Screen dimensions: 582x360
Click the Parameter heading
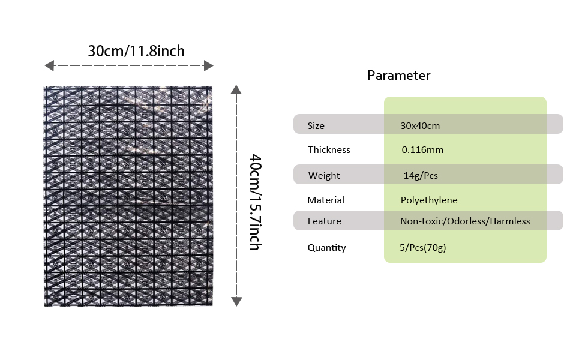tap(398, 76)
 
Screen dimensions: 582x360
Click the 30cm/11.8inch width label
tap(136, 51)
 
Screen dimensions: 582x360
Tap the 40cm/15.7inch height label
tap(256, 203)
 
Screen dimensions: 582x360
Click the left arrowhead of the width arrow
tap(49, 65)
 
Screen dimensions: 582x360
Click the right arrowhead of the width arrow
tap(209, 65)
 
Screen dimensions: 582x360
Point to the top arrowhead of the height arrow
tap(236, 89)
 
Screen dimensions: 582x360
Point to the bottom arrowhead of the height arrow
tap(236, 301)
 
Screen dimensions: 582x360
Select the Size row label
tap(316, 126)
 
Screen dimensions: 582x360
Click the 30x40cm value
tap(420, 126)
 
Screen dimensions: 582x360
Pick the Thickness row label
tap(329, 149)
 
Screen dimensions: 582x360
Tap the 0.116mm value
tap(422, 149)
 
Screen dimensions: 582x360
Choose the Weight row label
tap(323, 175)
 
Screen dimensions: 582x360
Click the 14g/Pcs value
tap(421, 175)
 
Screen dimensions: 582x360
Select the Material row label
tap(326, 200)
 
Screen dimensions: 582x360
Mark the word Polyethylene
tap(429, 200)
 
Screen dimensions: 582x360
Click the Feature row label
tap(324, 221)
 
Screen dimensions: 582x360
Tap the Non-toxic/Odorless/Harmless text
tap(465, 221)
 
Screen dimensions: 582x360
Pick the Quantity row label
tap(326, 248)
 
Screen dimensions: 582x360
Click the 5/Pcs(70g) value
tap(423, 248)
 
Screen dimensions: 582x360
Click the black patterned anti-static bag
tap(128, 196)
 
